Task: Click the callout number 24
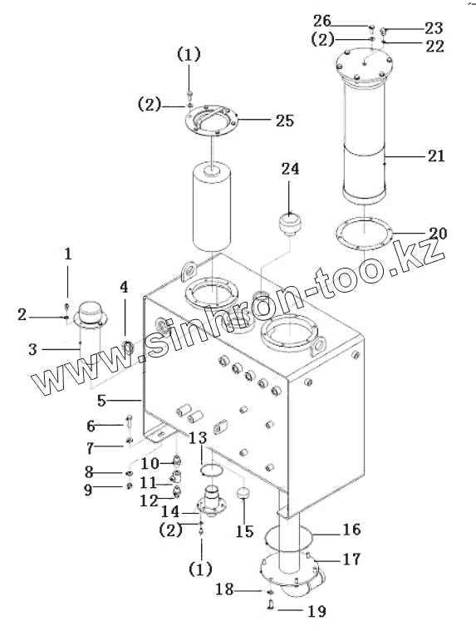point(290,169)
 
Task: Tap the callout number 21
point(436,155)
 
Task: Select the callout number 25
point(285,121)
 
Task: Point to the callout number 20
point(438,233)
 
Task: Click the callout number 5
point(101,401)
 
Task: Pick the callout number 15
point(244,531)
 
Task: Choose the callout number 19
point(317,611)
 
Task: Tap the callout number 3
point(33,349)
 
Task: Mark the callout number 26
point(321,20)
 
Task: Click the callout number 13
point(198,438)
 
